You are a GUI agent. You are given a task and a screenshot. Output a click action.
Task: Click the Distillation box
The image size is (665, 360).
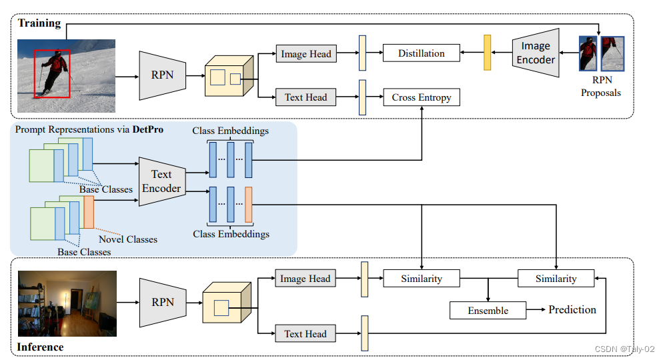coord(422,53)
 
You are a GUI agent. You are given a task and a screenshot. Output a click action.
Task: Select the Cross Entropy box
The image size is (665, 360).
coord(422,97)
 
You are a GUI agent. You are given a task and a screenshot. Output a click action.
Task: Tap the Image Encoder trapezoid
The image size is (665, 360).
coord(535,53)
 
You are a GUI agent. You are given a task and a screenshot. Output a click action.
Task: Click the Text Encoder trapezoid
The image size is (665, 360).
coord(161,181)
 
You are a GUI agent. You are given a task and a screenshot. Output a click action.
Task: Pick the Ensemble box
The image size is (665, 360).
coord(488,311)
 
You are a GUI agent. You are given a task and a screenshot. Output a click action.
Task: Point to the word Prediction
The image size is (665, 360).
coord(572,309)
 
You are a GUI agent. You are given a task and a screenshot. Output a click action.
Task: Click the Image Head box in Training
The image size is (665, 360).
coord(305,54)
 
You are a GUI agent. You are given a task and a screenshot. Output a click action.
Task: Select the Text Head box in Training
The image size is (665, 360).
coord(305,97)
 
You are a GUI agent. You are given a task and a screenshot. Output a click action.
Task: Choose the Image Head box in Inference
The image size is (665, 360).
coord(305,279)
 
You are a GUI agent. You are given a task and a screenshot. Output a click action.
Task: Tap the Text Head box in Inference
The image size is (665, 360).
coord(305,334)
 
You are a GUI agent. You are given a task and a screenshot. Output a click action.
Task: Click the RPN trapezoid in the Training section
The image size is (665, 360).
coord(162,75)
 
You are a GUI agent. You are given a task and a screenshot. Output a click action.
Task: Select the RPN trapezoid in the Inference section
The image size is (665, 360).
coord(162,302)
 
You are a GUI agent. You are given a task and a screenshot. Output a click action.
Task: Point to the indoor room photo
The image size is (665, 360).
coord(67,303)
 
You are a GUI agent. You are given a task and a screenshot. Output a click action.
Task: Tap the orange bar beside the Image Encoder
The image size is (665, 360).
coord(487,53)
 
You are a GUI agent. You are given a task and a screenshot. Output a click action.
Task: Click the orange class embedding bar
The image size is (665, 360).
coord(249,204)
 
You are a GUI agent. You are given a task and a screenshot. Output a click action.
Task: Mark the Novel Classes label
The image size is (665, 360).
coord(128,239)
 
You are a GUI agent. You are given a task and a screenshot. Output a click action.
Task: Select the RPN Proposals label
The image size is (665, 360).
coord(600,87)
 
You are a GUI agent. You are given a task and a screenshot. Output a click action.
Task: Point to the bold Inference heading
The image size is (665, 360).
coord(40,347)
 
